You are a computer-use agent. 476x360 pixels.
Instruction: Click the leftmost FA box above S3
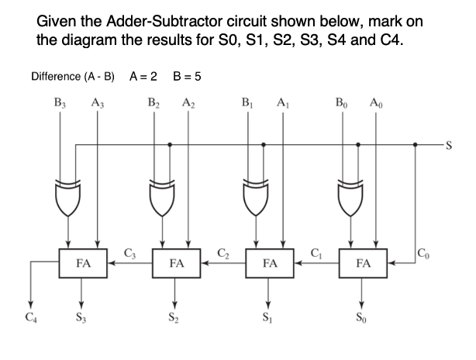(x=82, y=263)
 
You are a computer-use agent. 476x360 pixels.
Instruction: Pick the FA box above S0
(x=362, y=263)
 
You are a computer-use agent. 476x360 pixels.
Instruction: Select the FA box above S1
(x=269, y=263)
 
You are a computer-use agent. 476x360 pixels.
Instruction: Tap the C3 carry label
(x=130, y=251)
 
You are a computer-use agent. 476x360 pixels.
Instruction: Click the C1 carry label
(x=316, y=251)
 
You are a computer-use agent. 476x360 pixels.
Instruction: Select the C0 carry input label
(x=422, y=251)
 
